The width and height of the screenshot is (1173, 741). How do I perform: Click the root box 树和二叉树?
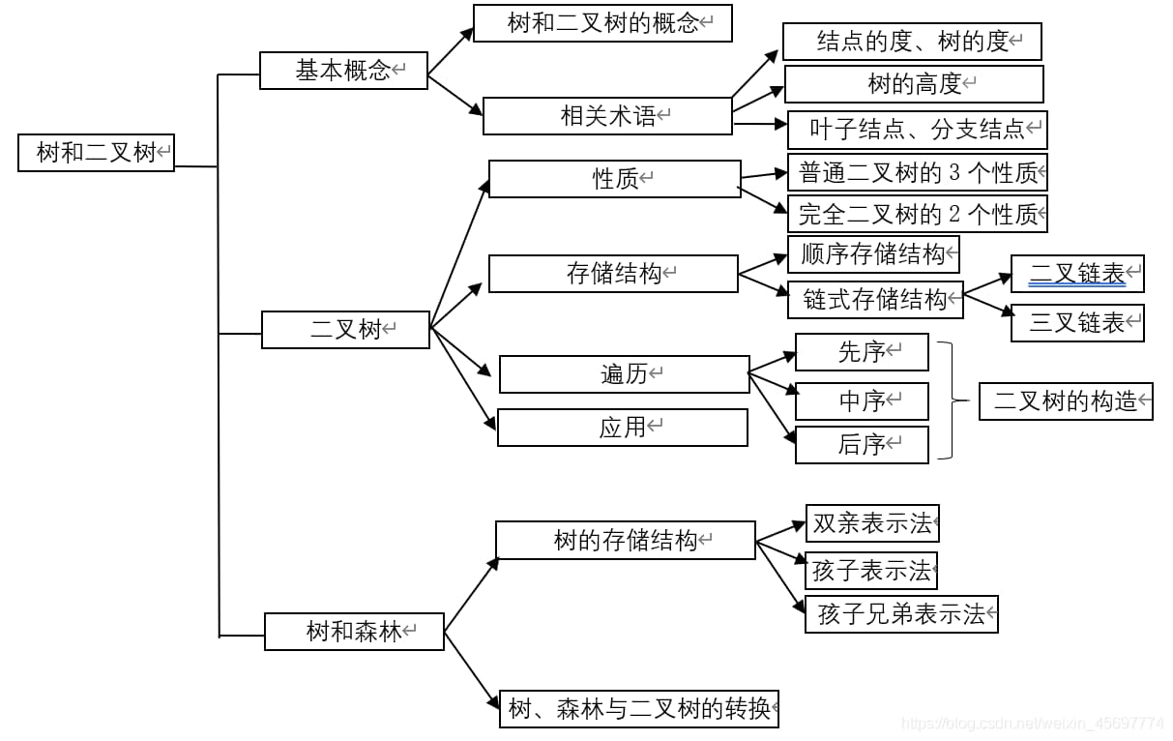coord(96,153)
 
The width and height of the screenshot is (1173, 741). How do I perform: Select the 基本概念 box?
coord(343,71)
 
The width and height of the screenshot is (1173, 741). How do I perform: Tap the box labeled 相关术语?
coord(607,116)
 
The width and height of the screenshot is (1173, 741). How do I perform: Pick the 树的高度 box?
coord(914,84)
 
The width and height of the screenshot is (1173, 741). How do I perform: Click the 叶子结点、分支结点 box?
coord(917,130)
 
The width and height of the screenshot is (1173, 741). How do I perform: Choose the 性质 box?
coord(615,179)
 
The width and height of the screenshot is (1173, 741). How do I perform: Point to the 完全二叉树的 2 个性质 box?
coord(917,214)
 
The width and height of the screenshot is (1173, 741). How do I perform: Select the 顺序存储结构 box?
coord(873,254)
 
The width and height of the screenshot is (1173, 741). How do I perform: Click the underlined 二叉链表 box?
coord(1077,275)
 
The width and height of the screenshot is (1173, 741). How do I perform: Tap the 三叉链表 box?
coord(1077,323)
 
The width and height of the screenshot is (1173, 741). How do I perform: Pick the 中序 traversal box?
coord(862,400)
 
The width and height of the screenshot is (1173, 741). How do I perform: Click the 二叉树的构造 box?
coord(1066,400)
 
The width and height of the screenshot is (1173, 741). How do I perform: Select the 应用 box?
coord(622,428)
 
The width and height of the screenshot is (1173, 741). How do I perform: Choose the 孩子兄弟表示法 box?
coord(901,614)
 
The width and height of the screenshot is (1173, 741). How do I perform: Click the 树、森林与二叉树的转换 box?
coord(639,709)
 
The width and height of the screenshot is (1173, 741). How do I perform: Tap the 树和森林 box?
coord(354,632)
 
